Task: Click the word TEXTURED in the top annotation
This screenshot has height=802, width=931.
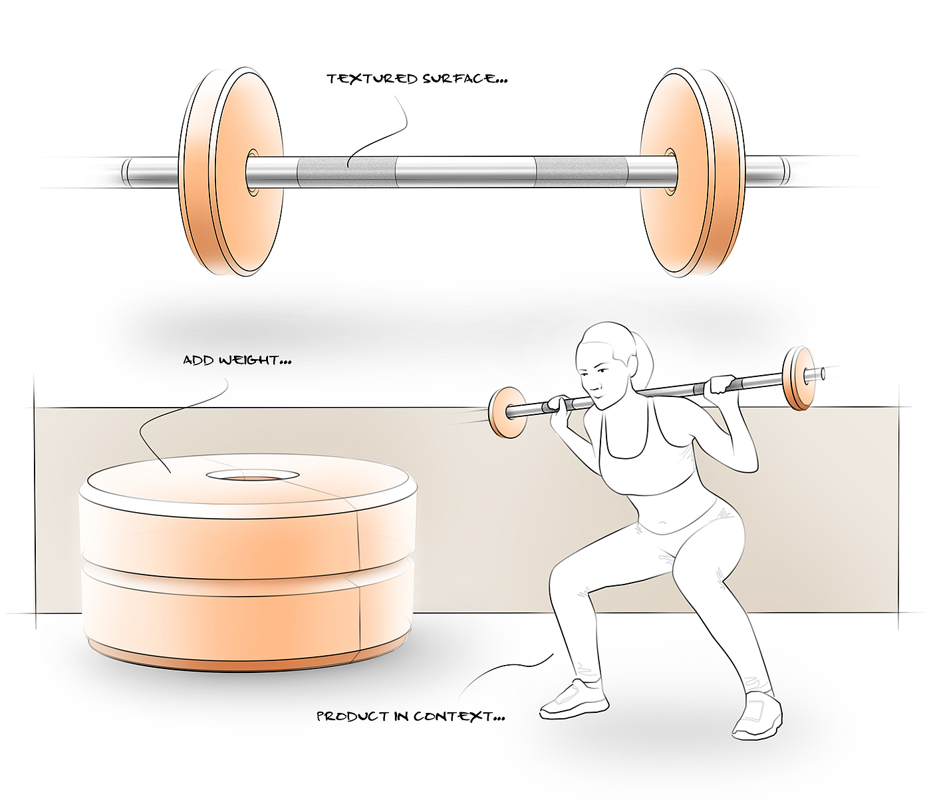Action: [x=372, y=79]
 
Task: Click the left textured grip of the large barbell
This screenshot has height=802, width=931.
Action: [x=345, y=172]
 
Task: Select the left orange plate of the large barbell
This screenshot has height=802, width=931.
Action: [x=231, y=172]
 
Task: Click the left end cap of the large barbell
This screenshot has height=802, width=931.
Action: [x=127, y=172]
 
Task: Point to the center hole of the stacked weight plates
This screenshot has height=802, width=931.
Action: [x=253, y=475]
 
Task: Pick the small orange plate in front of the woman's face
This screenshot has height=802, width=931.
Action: [x=507, y=412]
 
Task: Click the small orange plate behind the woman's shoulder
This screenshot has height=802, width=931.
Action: [x=799, y=378]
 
